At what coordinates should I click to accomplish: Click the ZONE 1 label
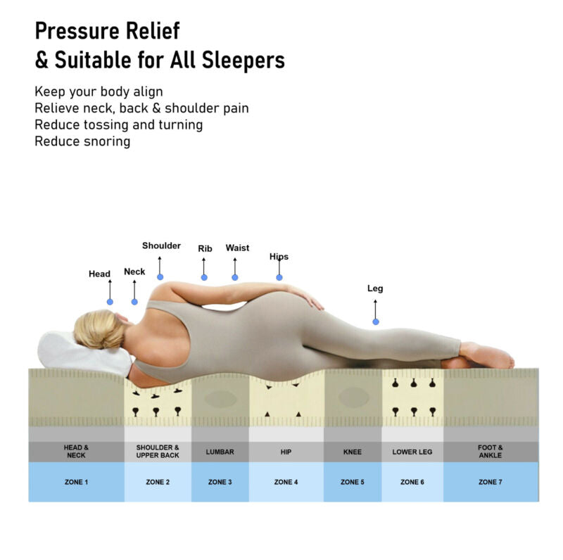(x=76, y=482)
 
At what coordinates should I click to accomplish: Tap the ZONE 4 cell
(x=286, y=482)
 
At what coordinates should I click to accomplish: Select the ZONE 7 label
(x=490, y=482)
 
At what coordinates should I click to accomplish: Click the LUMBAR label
(x=220, y=452)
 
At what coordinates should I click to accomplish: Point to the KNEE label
(x=352, y=452)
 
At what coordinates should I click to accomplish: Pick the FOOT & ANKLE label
(x=490, y=451)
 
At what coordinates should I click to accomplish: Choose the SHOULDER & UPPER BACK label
(x=158, y=451)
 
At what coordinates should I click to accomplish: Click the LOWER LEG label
(x=412, y=452)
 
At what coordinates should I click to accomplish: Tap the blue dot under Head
(x=110, y=302)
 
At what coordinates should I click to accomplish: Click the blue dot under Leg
(x=376, y=322)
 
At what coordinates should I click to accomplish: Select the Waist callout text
(x=237, y=248)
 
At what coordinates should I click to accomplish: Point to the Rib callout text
(x=205, y=248)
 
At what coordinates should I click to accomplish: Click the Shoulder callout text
(x=161, y=246)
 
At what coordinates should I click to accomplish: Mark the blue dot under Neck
(x=134, y=302)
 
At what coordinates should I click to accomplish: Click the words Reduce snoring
(x=82, y=141)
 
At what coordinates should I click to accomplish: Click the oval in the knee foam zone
(x=353, y=397)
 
